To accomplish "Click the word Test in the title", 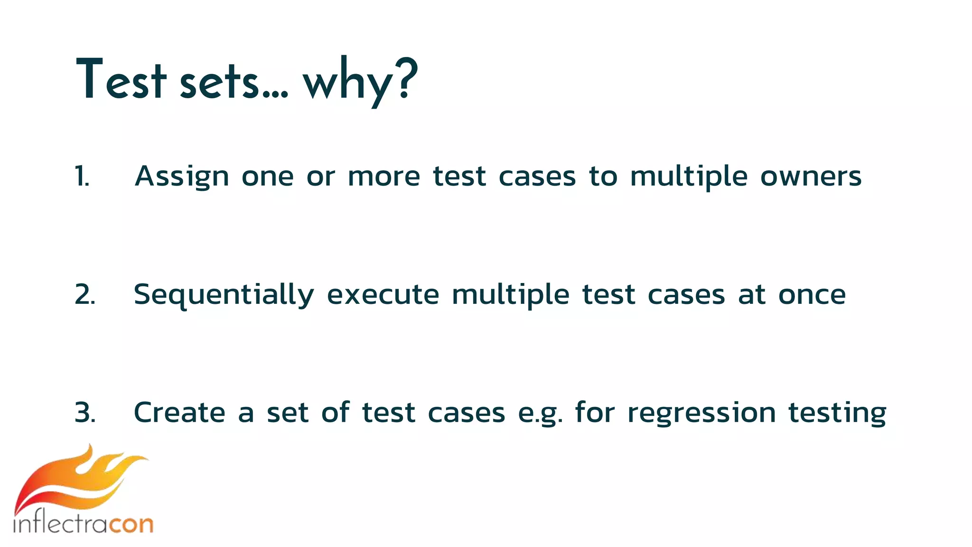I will click(x=121, y=80).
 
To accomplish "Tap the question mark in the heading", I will click(x=407, y=78).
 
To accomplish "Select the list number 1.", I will click(x=82, y=177).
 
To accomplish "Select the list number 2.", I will click(x=85, y=294).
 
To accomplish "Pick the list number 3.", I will click(x=85, y=412).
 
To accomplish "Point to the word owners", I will click(x=811, y=177).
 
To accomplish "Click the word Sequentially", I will click(x=224, y=295).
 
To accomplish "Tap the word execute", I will click(x=383, y=294).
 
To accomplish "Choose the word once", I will click(x=812, y=295).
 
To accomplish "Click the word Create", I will click(x=179, y=412).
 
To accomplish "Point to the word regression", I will click(x=701, y=413).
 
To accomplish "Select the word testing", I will click(x=837, y=413).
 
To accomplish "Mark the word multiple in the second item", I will click(x=510, y=295).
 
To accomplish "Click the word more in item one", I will click(x=384, y=177).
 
